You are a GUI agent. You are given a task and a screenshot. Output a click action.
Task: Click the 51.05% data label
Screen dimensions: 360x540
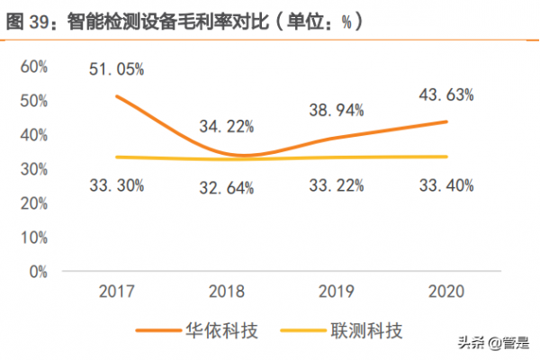116,68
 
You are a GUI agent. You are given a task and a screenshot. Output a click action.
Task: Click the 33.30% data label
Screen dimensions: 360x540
116,185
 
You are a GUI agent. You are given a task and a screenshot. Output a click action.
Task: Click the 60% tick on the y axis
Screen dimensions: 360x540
33,67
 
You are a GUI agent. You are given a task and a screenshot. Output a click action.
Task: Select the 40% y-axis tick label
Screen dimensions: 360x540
33,135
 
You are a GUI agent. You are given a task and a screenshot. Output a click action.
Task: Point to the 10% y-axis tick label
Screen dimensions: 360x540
33,238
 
